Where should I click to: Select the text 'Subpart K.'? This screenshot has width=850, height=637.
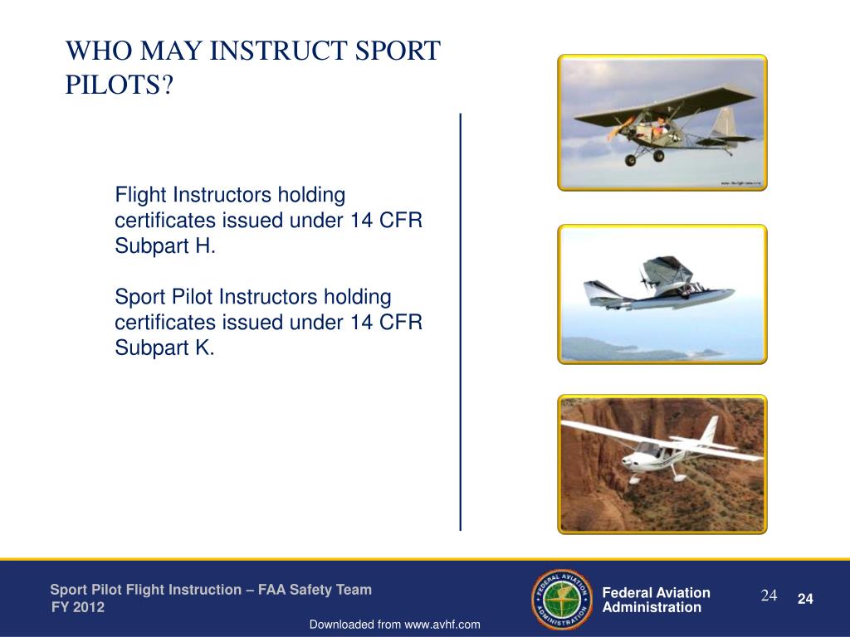coord(164,348)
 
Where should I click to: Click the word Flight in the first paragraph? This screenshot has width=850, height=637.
coord(140,196)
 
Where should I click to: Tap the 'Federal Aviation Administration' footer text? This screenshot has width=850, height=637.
coord(656,600)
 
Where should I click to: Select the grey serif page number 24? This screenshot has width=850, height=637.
coord(769,596)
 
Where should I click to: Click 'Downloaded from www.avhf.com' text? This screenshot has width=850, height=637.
coord(395,625)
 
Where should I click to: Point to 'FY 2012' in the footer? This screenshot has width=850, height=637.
coord(78,607)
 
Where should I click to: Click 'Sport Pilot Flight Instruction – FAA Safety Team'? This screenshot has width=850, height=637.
coord(211,590)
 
